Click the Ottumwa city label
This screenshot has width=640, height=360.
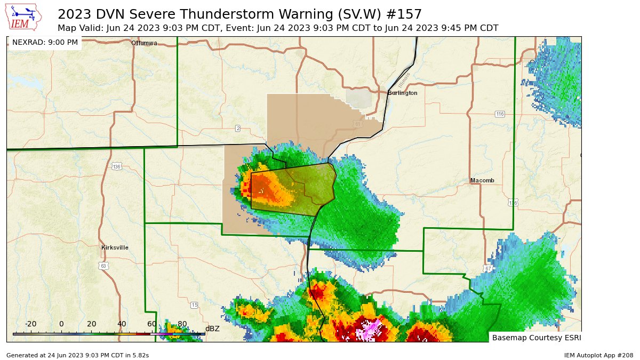click(x=145, y=43)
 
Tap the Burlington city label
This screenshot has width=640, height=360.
click(x=403, y=93)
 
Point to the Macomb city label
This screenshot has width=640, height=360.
click(x=482, y=180)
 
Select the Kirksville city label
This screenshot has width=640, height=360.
click(x=115, y=247)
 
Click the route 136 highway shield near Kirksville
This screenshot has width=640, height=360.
click(x=116, y=166)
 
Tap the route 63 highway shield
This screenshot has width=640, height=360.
click(x=103, y=265)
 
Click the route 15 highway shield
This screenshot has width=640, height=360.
click(x=194, y=305)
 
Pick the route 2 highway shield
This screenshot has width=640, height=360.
click(x=238, y=128)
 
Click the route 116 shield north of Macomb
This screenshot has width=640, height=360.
click(x=499, y=114)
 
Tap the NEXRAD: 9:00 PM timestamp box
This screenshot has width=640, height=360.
click(x=45, y=42)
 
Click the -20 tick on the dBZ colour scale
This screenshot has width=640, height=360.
click(x=31, y=324)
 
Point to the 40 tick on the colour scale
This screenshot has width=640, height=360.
click(x=122, y=324)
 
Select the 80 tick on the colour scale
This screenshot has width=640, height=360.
click(x=182, y=324)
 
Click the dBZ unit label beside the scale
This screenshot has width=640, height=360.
click(x=212, y=329)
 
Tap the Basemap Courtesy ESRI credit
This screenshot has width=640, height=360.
click(x=535, y=338)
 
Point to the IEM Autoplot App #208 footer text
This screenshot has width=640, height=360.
click(x=598, y=355)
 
